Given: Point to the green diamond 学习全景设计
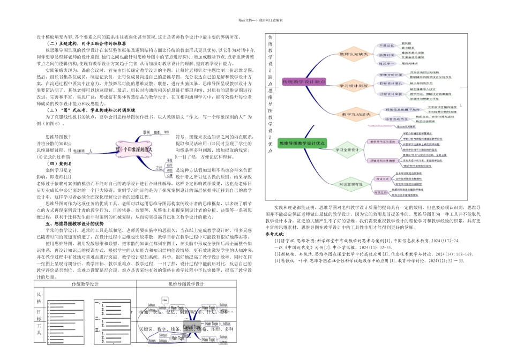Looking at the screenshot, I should tap(348, 149).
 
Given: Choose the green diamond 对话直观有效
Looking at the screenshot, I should tap(349, 184).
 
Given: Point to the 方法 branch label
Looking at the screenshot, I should tap(159, 168).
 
